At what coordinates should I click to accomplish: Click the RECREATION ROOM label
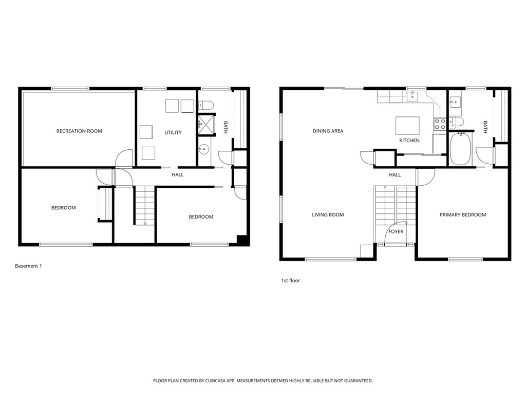[x=79, y=131]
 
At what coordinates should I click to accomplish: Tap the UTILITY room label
[x=173, y=133]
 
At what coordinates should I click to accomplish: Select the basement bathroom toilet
[x=206, y=105]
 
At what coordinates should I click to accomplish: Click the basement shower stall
[x=206, y=125]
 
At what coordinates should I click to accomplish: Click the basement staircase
[x=144, y=205]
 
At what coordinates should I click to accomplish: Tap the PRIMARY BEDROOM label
[x=462, y=215]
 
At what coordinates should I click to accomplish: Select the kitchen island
[x=407, y=125]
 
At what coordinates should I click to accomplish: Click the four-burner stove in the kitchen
[x=440, y=124]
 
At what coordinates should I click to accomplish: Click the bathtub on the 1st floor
[x=460, y=149]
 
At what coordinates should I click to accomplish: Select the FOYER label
[x=396, y=232]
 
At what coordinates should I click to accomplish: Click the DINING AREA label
[x=328, y=131]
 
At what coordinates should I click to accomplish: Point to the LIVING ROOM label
[x=328, y=215]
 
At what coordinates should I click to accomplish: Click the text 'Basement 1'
[x=28, y=266]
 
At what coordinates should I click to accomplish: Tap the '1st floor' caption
[x=290, y=281]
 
